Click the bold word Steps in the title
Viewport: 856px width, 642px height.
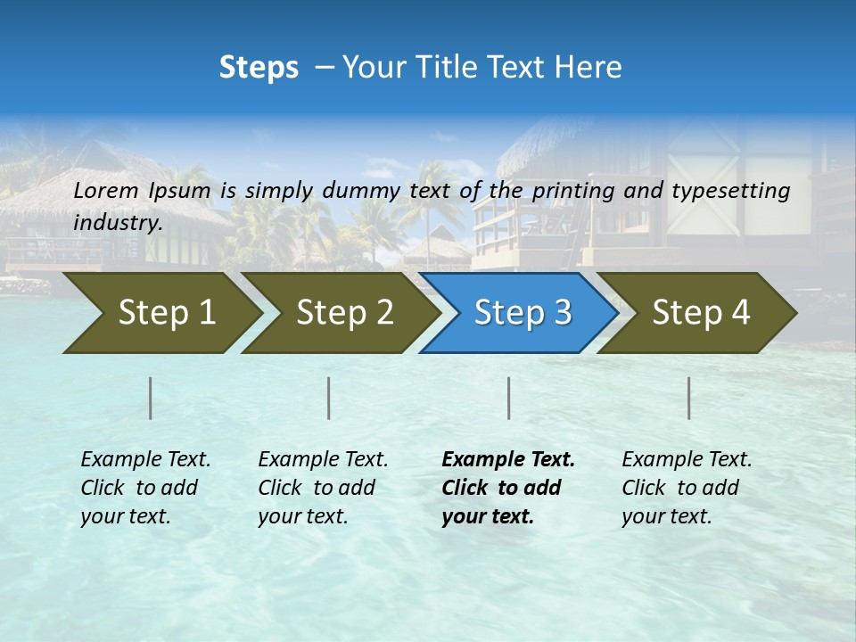[259, 68]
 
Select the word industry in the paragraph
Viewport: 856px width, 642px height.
[117, 223]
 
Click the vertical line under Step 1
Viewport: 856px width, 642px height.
[151, 398]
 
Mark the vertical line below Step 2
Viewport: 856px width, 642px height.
[329, 398]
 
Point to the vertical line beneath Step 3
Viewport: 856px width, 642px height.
[508, 398]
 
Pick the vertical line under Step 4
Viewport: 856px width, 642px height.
[689, 398]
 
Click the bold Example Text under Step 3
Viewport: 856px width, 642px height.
[508, 460]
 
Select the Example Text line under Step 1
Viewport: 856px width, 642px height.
[145, 460]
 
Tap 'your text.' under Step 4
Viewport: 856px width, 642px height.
[666, 516]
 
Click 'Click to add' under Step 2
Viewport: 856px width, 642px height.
[317, 489]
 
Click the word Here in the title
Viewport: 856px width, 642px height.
[589, 68]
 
